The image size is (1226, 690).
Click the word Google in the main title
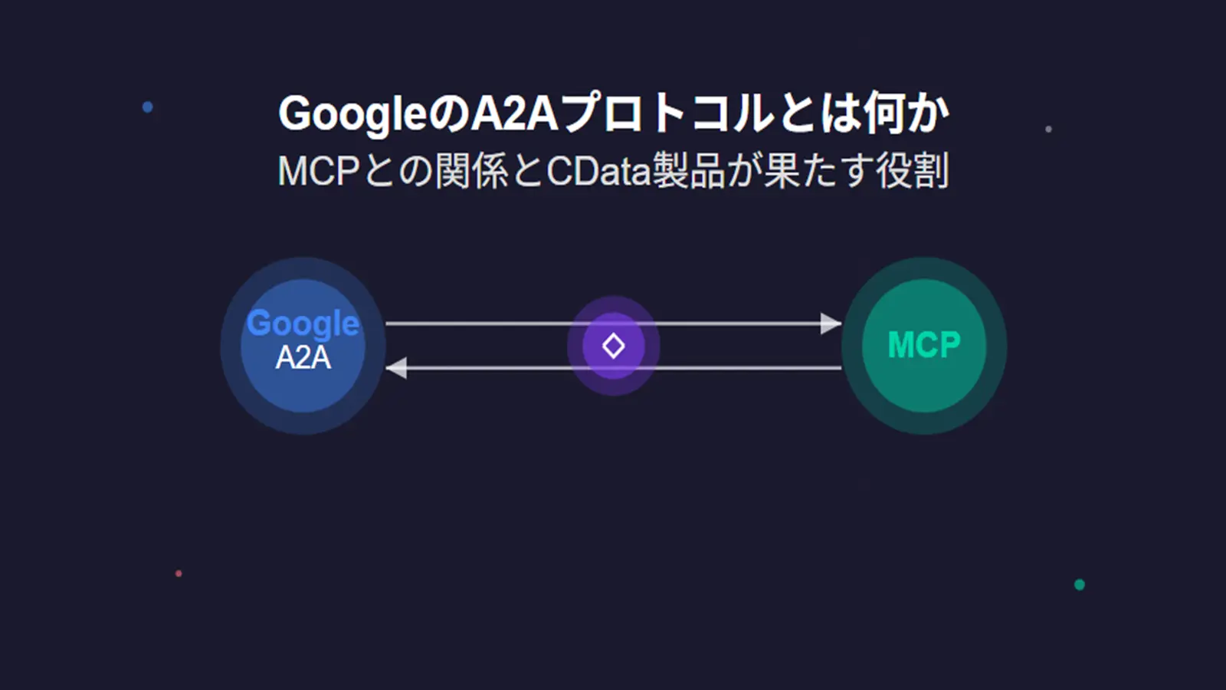pos(352,114)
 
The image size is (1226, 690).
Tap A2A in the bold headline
pos(513,113)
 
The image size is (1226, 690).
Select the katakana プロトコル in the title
pos(667,113)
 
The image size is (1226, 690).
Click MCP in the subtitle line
pos(318,171)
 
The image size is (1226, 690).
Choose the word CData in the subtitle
pos(598,171)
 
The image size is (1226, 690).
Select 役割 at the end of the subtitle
pos(913,171)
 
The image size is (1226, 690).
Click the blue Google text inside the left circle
pos(303,324)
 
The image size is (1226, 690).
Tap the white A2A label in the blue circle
pos(303,358)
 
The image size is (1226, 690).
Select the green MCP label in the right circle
pos(923,345)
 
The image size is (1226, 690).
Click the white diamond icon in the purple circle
pos(613,346)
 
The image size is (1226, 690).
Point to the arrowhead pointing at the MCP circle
pos(831,324)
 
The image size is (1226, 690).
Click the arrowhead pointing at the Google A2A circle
pos(396,368)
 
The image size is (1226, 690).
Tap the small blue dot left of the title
pos(148,107)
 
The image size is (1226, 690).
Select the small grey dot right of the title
pos(1048,129)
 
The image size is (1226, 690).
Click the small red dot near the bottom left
pos(179,573)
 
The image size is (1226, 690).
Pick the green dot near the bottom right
pos(1079,585)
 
